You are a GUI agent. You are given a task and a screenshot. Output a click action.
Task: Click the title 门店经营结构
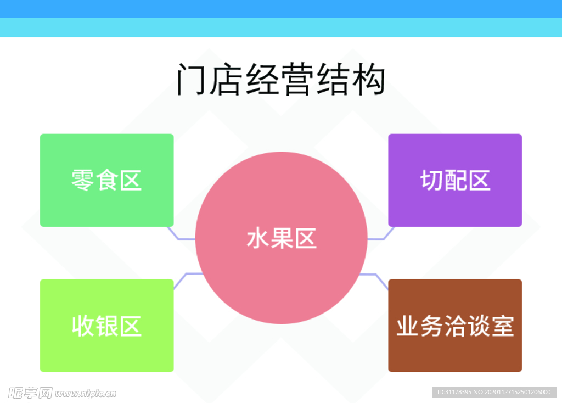tap(281, 80)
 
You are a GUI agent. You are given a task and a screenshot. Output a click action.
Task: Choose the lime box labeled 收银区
tap(106, 351)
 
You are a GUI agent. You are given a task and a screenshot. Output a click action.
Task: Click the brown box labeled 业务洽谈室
tap(455, 351)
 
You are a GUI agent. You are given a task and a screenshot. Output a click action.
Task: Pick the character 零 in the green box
tap(83, 180)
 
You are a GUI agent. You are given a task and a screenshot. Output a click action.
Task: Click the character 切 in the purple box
tap(431, 180)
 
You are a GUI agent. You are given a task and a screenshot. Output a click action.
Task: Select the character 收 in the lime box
tap(83, 326)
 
